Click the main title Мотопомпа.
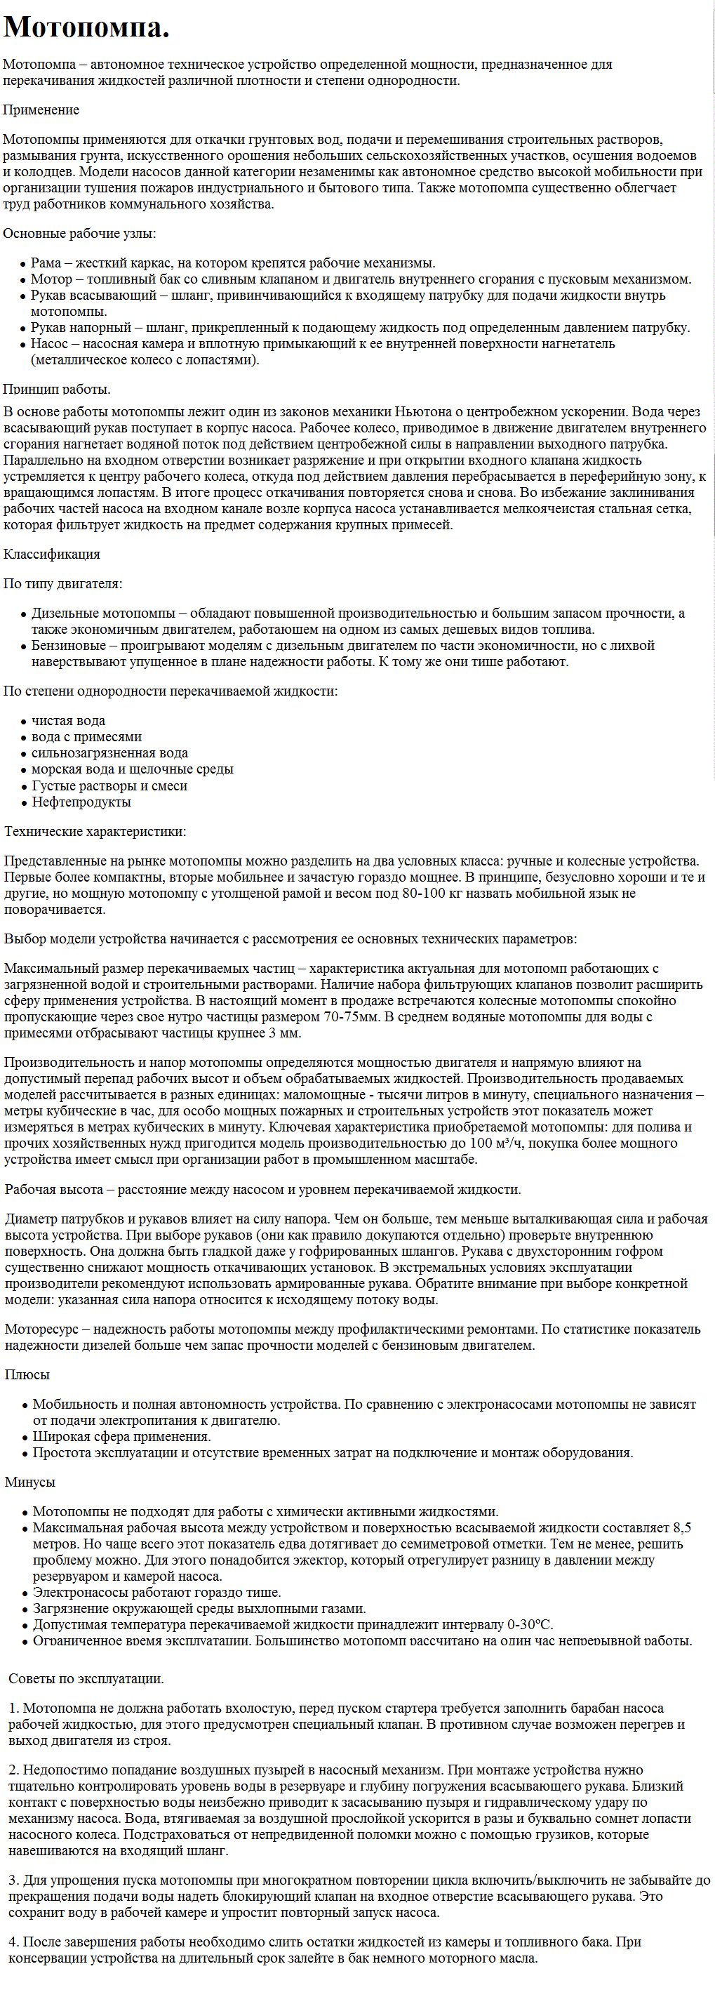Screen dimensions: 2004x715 tap(86, 27)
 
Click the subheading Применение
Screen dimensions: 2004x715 tap(41, 110)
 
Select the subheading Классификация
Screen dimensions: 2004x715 tap(51, 554)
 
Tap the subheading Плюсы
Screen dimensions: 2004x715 tap(27, 1374)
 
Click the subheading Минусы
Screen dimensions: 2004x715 tap(30, 1482)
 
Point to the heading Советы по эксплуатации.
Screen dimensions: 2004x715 tap(86, 1679)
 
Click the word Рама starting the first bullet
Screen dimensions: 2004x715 tap(46, 263)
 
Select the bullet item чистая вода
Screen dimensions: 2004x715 tap(69, 720)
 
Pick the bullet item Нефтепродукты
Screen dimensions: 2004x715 tap(81, 802)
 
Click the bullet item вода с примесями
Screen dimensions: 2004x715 tap(86, 737)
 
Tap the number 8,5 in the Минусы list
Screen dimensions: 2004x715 tap(681, 1527)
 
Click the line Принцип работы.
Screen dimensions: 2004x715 tap(57, 389)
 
